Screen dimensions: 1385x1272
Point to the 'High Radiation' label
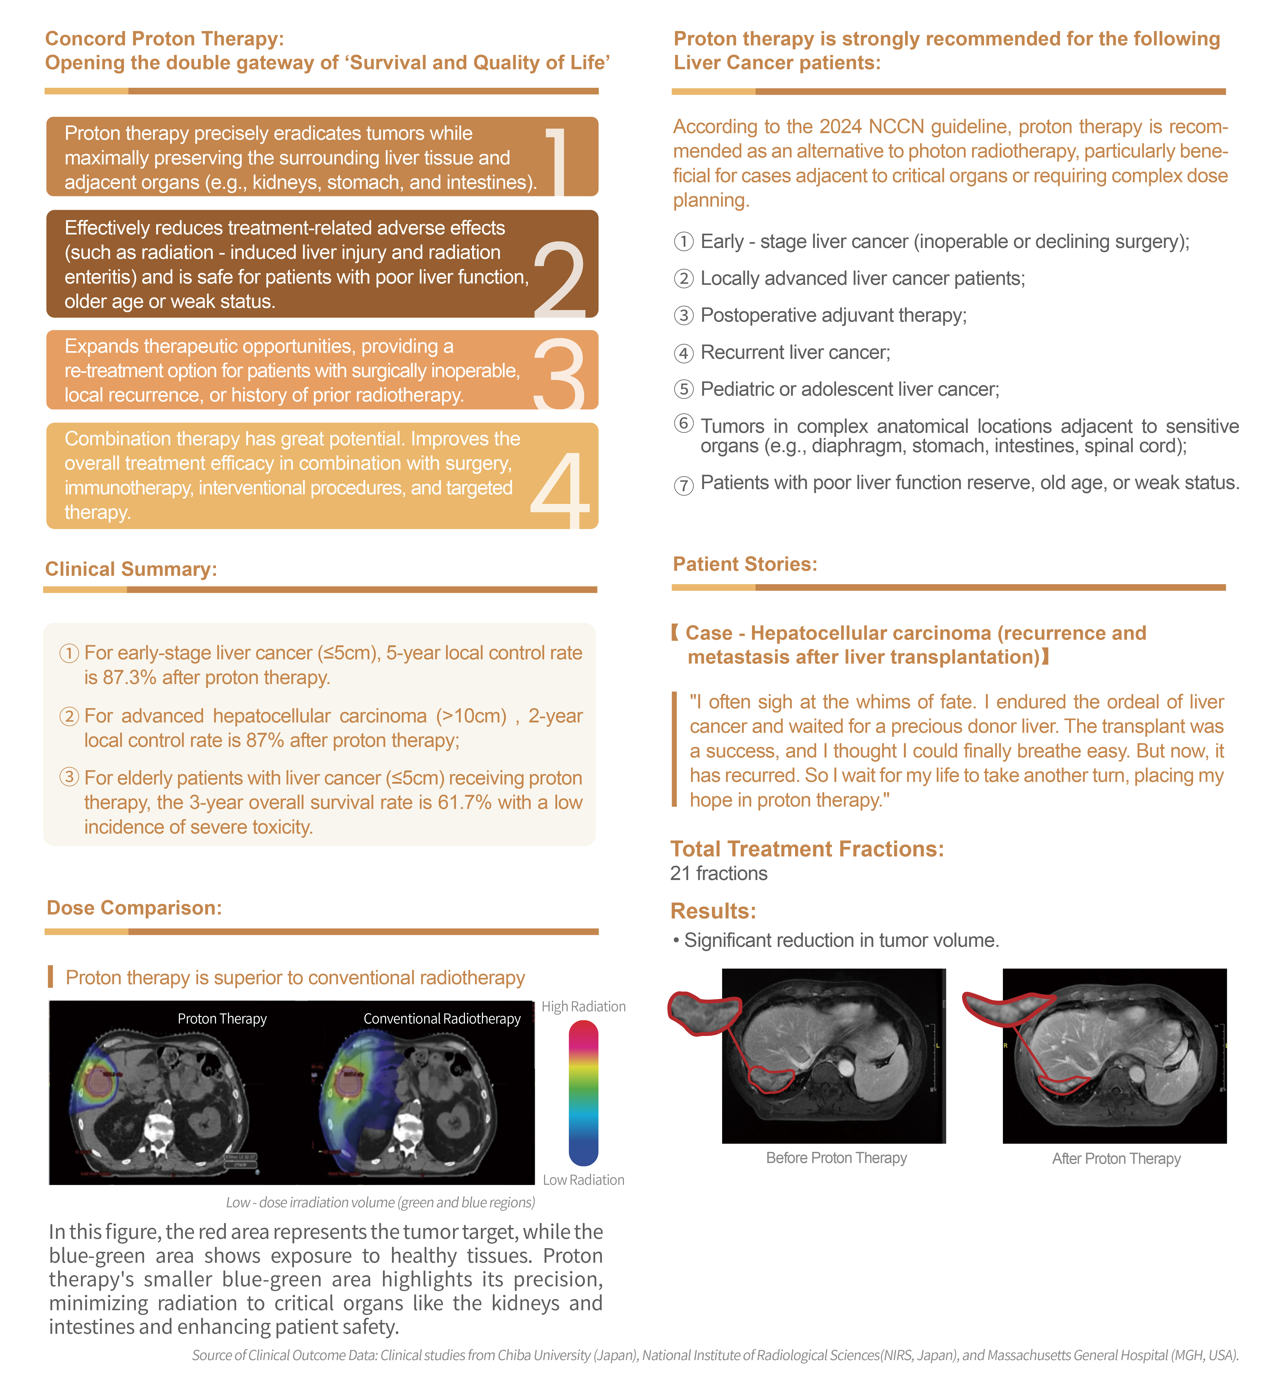[583, 1007]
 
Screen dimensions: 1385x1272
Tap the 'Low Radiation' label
[583, 1180]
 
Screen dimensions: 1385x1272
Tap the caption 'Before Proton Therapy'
[836, 1158]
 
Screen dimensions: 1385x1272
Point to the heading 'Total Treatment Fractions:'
[807, 849]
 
